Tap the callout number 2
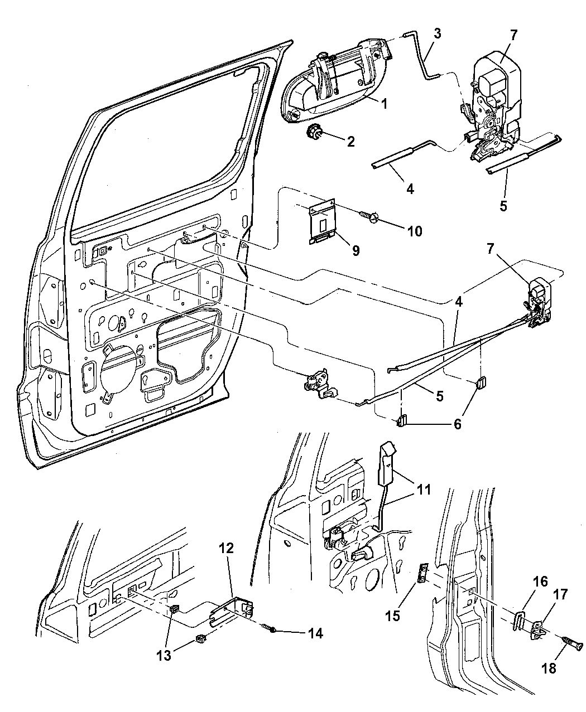point(350,142)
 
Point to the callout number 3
point(437,34)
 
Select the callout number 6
point(457,424)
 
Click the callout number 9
point(355,250)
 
